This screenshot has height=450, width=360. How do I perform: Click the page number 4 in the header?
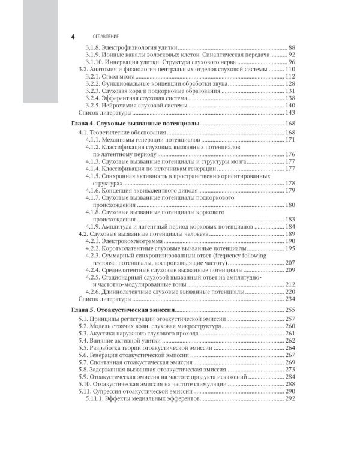point(73,37)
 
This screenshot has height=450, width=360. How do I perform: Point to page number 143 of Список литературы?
point(291,112)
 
